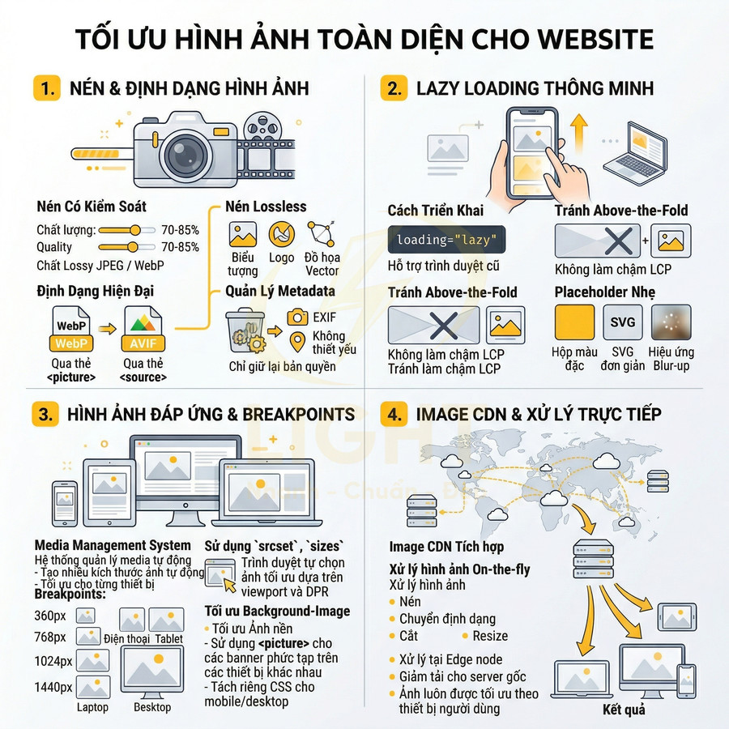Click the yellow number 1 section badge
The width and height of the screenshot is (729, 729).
47,88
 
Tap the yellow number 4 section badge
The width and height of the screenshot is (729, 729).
394,414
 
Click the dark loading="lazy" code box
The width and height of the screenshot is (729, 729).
446,241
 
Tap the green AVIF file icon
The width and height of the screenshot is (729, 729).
143,330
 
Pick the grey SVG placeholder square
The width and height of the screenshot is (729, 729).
623,322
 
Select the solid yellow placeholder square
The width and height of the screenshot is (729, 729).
574,322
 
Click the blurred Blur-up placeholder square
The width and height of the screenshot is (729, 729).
671,322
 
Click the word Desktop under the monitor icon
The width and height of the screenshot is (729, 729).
152,707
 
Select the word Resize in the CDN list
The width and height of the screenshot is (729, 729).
490,636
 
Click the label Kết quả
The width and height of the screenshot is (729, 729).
624,710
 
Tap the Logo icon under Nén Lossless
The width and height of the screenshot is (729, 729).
282,235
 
